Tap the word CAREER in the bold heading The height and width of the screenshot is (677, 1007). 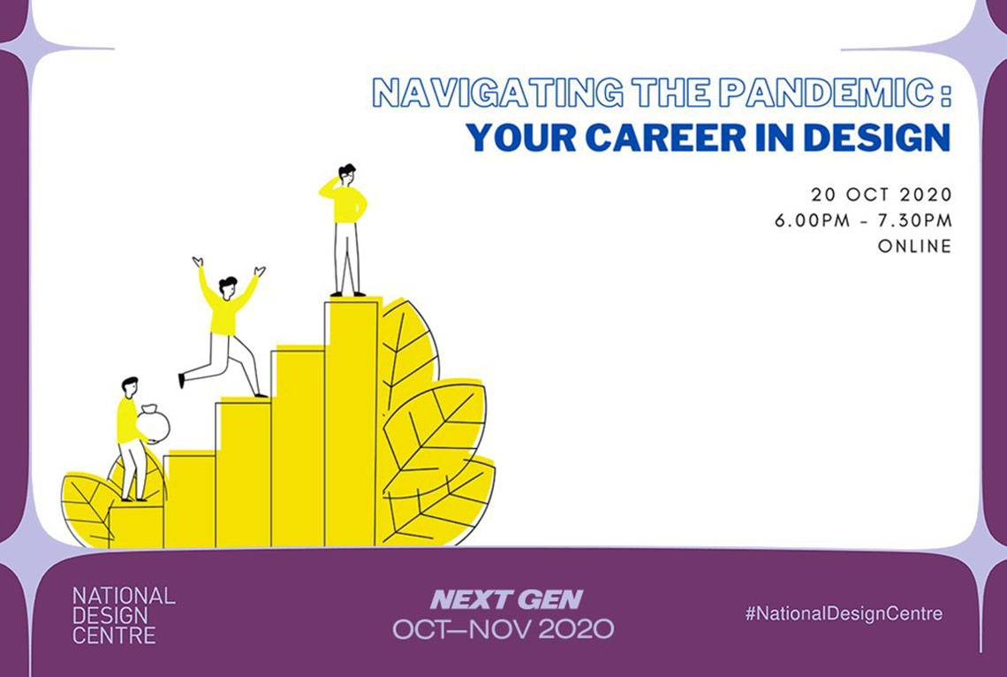666,137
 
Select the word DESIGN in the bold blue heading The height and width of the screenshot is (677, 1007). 877,137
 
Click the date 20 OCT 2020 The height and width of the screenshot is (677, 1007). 882,194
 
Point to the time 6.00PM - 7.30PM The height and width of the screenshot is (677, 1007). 863,220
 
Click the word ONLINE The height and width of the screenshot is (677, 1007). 914,246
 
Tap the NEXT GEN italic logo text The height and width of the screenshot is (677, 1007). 506,599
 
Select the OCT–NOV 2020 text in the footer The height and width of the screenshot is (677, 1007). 503,628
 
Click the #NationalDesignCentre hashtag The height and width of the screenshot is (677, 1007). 844,613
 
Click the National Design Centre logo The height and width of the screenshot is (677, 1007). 124,615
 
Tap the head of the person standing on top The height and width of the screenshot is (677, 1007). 346,174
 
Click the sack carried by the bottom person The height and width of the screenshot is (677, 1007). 153,424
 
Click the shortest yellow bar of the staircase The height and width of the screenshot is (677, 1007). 136,527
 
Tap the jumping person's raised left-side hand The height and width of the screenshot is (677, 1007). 198,262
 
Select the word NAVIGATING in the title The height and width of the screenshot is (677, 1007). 497,93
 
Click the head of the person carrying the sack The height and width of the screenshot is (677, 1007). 130,387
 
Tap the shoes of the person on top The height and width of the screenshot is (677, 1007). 347,294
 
